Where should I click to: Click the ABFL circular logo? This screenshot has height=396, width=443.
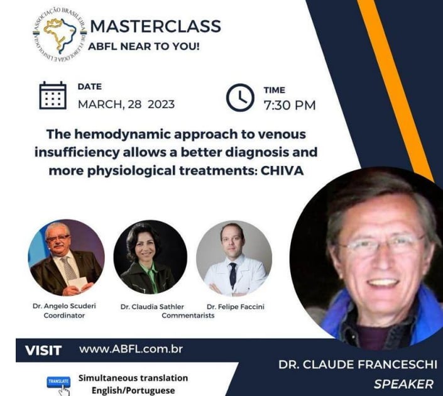click(x=58, y=35)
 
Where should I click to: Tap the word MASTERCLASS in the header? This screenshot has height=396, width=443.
click(x=155, y=26)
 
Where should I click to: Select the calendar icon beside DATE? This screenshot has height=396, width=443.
click(x=53, y=95)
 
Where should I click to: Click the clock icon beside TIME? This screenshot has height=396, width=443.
click(x=240, y=97)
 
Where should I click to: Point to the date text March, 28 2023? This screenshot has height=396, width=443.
click(x=126, y=104)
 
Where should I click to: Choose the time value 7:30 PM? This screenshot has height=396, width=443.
click(x=289, y=105)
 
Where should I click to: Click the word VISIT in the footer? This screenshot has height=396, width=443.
click(x=43, y=350)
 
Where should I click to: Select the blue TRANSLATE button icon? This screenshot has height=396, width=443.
click(x=58, y=383)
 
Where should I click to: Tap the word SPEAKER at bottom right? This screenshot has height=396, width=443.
click(x=403, y=383)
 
